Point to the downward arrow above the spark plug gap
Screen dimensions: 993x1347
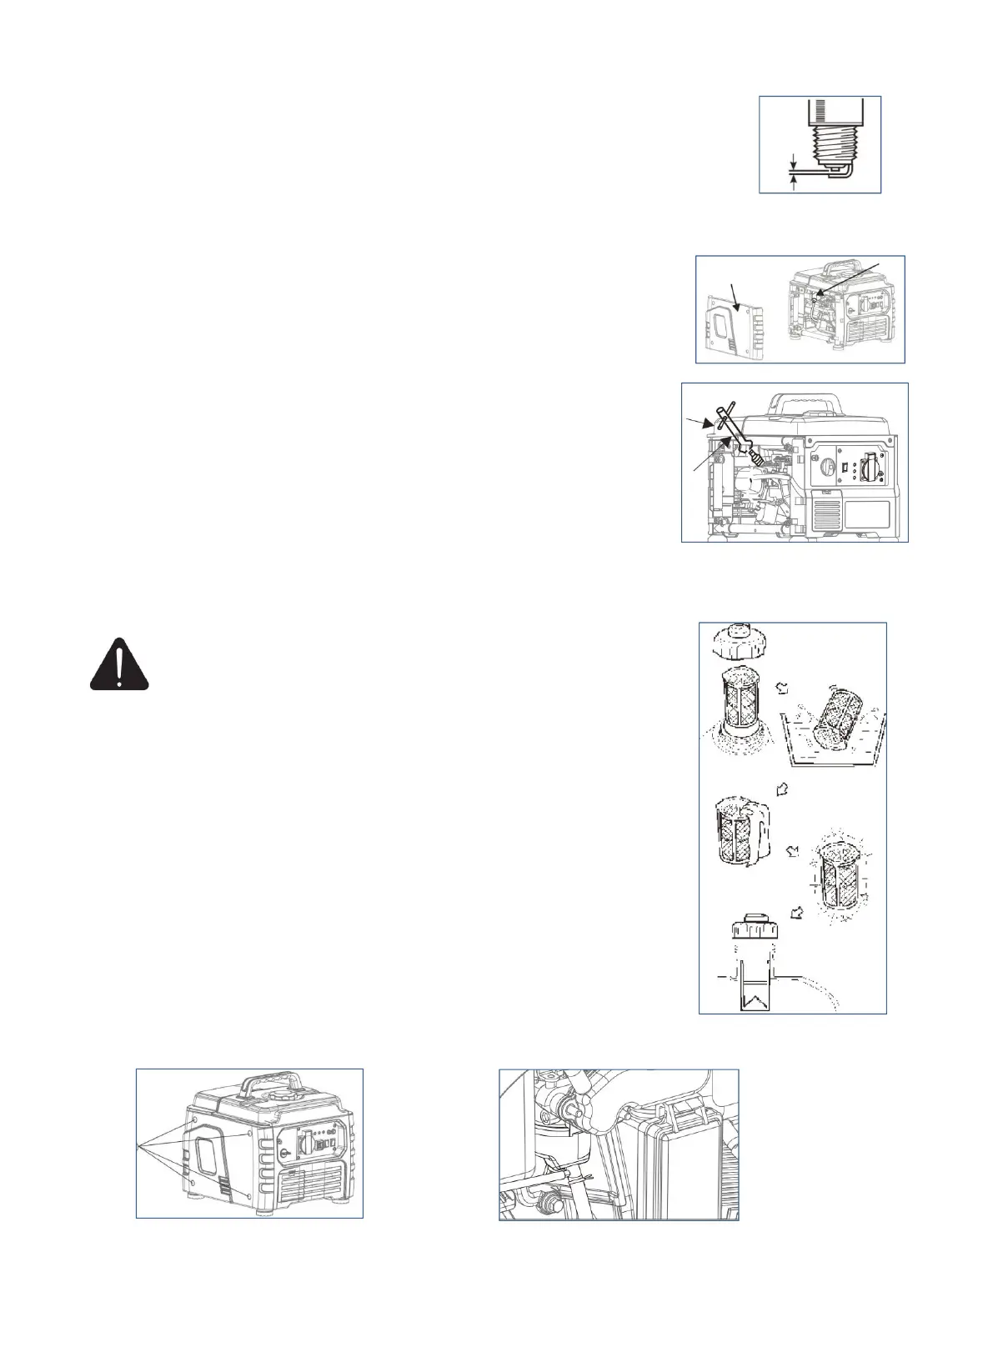(x=793, y=159)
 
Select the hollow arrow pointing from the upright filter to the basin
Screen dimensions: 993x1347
(x=780, y=689)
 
